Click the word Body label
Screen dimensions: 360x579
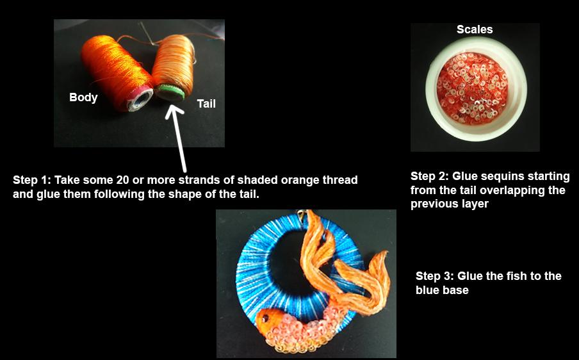(83, 98)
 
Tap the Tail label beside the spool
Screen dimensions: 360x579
(206, 103)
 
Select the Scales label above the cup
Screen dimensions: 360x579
(475, 29)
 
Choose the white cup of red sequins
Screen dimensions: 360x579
(475, 88)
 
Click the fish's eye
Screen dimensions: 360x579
(264, 316)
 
